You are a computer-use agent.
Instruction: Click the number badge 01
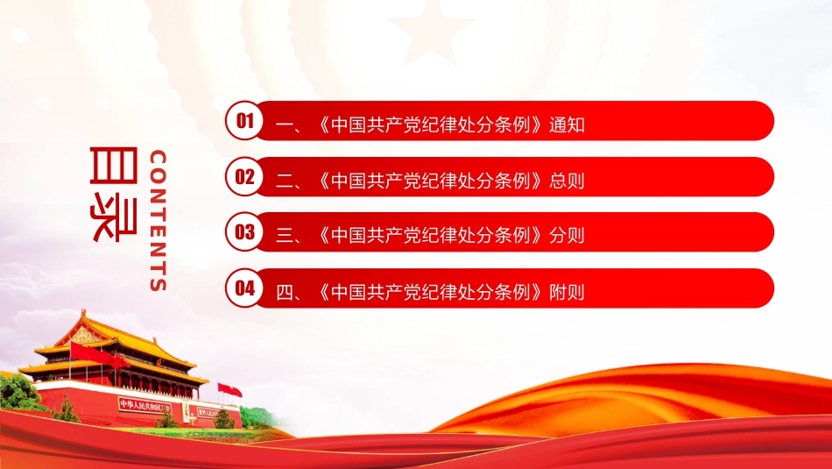[x=244, y=121]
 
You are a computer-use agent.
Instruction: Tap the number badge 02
[x=244, y=176]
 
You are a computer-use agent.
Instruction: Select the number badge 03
[x=244, y=231]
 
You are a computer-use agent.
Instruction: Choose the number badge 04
[x=244, y=288]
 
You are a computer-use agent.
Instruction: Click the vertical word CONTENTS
[x=159, y=220]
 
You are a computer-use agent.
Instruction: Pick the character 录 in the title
[x=114, y=219]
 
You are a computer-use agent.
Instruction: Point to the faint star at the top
[x=431, y=32]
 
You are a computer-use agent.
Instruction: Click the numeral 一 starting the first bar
[x=285, y=125]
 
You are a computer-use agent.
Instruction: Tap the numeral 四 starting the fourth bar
[x=285, y=292]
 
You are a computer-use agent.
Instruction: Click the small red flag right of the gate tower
[x=229, y=390]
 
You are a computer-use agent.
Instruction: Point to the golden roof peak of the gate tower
[x=83, y=313]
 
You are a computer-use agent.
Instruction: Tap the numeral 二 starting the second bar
[x=285, y=181]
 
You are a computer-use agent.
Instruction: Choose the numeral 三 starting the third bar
[x=285, y=236]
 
